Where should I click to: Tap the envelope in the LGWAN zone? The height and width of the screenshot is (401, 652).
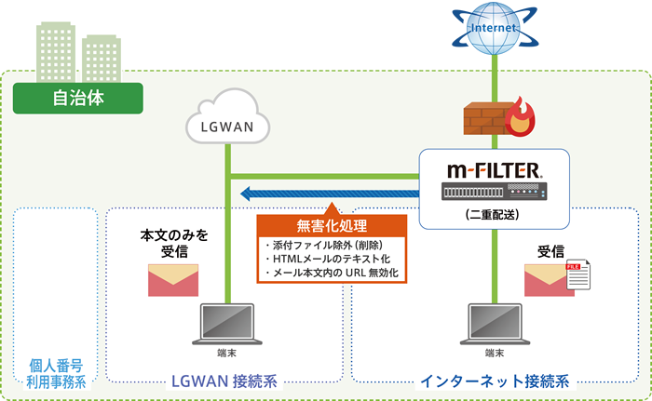(x=173, y=279)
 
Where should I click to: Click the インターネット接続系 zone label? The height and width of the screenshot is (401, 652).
(x=494, y=381)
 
